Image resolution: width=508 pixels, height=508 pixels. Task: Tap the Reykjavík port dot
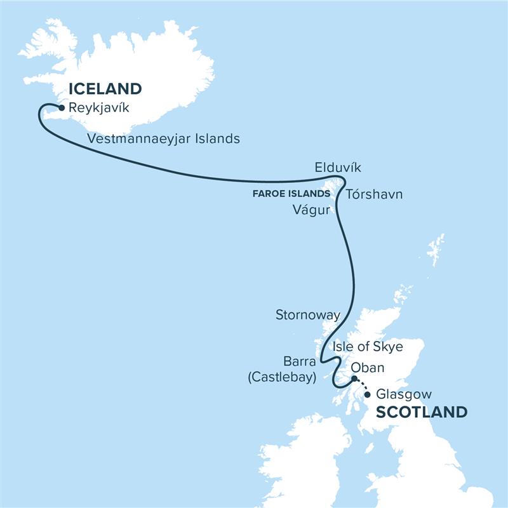tap(61, 108)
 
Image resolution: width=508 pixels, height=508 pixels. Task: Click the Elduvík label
tap(338, 168)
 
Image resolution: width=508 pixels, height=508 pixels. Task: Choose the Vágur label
tap(312, 210)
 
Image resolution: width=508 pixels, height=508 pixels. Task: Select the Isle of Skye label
tap(368, 346)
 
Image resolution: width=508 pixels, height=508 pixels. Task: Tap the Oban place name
tap(368, 368)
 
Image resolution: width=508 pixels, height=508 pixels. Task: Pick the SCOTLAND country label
tap(422, 411)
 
